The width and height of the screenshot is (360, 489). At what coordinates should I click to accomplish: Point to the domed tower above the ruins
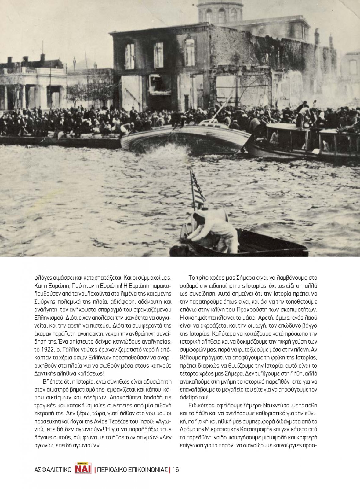220,11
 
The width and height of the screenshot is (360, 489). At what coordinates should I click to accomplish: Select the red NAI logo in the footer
83,469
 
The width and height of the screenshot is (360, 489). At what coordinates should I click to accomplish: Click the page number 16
176,470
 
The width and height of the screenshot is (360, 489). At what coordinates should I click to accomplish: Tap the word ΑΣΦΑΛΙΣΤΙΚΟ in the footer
53,470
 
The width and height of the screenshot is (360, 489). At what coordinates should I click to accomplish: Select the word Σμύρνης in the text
44,302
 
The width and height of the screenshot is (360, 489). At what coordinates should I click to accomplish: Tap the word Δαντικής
44,373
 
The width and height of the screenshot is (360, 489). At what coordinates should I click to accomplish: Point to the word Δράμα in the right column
188,429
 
